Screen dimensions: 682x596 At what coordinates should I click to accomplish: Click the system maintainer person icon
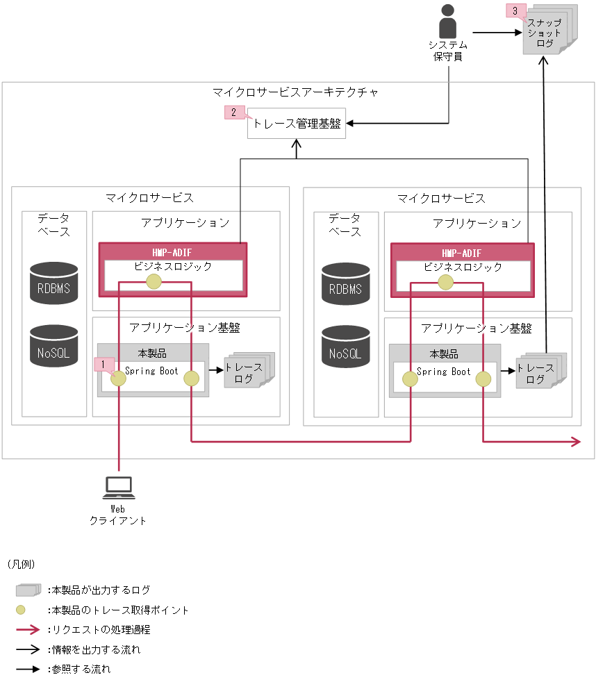coord(447,23)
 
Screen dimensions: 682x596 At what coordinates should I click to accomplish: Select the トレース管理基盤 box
coord(297,124)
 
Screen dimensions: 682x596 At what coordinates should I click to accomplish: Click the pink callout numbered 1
coord(103,363)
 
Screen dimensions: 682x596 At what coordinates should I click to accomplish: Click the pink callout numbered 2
coord(234,112)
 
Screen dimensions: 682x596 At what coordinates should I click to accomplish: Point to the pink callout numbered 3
coord(515,10)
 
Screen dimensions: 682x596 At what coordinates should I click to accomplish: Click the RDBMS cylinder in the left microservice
coord(54,283)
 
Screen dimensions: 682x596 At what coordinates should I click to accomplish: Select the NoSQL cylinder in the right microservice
coord(346,345)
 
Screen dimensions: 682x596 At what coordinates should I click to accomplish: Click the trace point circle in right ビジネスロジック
coord(445,281)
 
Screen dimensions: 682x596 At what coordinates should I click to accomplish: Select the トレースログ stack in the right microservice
coord(539,373)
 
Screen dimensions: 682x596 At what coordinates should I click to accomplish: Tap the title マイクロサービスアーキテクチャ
coord(295,92)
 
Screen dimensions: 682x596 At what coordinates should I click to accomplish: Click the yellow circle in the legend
coord(21,610)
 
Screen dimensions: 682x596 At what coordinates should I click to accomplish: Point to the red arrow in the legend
coord(28,630)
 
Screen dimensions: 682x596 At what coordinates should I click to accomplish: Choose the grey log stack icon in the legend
coord(28,590)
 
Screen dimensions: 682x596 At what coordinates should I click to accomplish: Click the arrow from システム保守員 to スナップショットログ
coord(497,32)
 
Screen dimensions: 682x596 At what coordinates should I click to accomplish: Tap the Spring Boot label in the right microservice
coord(443,372)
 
